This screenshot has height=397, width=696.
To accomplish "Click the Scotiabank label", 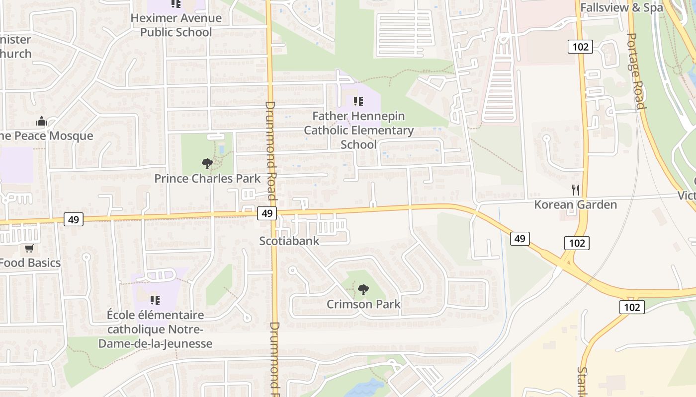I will [289, 241].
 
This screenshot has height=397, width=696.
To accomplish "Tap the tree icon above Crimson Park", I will [363, 289].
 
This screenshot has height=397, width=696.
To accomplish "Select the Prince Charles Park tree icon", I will [207, 163].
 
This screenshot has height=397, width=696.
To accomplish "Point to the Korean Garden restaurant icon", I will [576, 190].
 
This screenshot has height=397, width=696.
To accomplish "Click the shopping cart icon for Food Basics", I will [29, 248].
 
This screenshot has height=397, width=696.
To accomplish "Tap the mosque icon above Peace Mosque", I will [42, 121].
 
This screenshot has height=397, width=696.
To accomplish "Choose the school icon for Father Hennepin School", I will [358, 102].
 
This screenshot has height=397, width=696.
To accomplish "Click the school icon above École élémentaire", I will [155, 300].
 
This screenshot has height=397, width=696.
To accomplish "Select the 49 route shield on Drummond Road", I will [267, 213].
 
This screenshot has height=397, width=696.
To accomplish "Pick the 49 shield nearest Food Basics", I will [74, 219].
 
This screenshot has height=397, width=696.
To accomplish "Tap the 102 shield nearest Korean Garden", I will [577, 243].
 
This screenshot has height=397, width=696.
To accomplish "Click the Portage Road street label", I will [635, 70].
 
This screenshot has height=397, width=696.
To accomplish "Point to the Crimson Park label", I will [363, 304].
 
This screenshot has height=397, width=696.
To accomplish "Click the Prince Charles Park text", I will [207, 178].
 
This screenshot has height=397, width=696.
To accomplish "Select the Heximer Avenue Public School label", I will [176, 25].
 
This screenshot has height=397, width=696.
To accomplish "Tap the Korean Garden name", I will [575, 204].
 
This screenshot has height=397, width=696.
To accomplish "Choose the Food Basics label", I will [31, 263].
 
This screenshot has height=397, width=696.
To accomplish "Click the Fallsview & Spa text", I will [621, 7].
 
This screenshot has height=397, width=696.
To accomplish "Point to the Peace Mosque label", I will [47, 136].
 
